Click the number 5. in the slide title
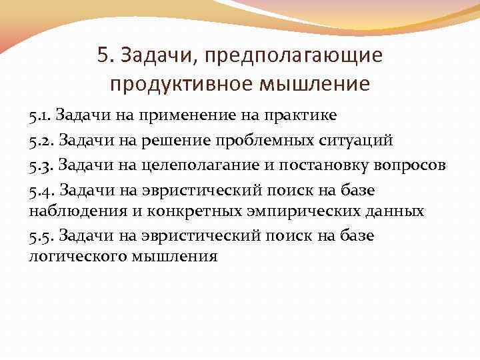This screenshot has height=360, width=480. coord(105,55)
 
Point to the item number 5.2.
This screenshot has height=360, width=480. coord(41,141)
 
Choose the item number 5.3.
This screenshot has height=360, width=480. coord(41,166)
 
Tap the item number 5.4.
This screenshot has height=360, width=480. coord(41,191)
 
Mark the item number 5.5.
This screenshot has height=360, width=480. coord(41,235)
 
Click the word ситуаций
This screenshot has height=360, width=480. coord(359,141)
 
